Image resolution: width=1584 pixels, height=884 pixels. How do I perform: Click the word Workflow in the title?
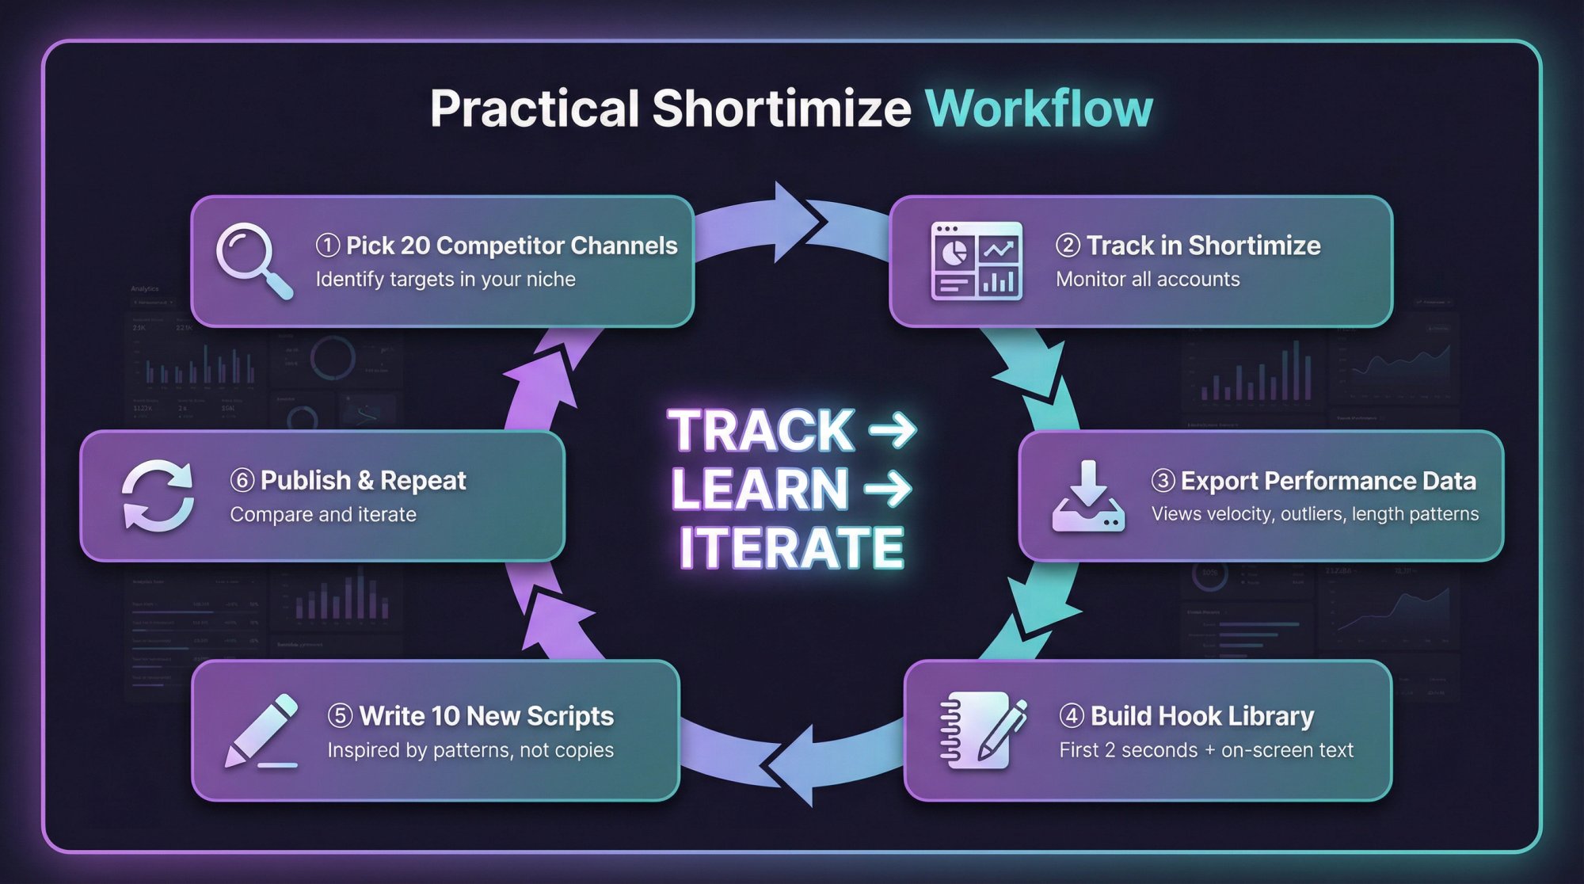[x=1038, y=109]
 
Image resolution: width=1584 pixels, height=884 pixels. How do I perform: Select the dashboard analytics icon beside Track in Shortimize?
[x=977, y=261]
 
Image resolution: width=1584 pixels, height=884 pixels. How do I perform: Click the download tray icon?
[x=1088, y=497]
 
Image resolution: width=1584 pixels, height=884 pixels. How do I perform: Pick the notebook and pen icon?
[x=983, y=730]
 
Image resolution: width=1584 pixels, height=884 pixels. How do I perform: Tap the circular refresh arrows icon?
[x=158, y=496]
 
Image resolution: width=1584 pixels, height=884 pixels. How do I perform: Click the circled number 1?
[x=327, y=246]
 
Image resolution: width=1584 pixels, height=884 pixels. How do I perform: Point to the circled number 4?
[x=1071, y=716]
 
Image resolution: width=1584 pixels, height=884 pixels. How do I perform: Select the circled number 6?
[x=242, y=480]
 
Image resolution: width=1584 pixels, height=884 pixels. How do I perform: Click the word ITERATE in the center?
[x=791, y=547]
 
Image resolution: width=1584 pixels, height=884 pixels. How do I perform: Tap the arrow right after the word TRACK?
[x=893, y=430]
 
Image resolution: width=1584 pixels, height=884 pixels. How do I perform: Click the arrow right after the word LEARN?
[x=888, y=489]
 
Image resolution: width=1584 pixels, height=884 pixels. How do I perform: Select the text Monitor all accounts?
[x=1148, y=279]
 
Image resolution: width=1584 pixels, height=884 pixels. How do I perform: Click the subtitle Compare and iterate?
[x=323, y=514]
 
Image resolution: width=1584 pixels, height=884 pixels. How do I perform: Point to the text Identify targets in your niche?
[x=445, y=279]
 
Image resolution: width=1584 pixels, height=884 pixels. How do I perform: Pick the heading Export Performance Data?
[x=1328, y=481]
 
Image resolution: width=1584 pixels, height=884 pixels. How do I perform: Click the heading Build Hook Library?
[x=1201, y=716]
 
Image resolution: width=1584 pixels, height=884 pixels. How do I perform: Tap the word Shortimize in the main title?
[x=781, y=109]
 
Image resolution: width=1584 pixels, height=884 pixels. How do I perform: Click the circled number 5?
[x=340, y=716]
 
